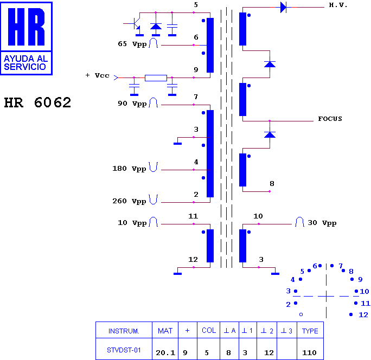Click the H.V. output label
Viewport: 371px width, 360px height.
tap(338, 5)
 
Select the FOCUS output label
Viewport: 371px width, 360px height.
tap(330, 119)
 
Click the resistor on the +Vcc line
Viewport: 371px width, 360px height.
tap(156, 78)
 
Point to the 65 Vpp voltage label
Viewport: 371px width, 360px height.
tap(132, 44)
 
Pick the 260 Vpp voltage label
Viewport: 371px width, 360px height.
tap(129, 201)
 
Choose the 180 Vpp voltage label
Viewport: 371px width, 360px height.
tap(129, 169)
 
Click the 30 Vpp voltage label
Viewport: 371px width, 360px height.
tap(322, 223)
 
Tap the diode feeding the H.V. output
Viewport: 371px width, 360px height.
tap(283, 8)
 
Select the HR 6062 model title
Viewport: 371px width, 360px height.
tap(37, 102)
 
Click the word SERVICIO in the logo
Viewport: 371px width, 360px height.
tap(25, 67)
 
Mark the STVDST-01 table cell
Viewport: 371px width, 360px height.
tap(124, 350)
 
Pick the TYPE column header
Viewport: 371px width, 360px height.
tap(310, 331)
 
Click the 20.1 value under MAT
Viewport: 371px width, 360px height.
tap(165, 352)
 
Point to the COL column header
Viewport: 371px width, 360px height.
tap(209, 330)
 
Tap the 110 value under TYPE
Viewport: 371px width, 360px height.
tap(309, 352)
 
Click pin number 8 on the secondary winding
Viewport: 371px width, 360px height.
tap(272, 184)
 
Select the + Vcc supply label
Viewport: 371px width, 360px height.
tap(98, 75)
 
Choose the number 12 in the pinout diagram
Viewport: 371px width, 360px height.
tap(363, 315)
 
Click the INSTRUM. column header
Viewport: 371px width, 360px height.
tap(124, 331)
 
